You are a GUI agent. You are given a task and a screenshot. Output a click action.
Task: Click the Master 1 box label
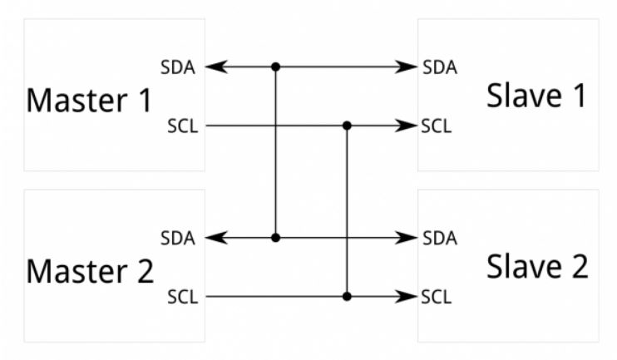[x=90, y=101]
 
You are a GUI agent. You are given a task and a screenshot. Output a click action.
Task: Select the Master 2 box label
[x=90, y=271]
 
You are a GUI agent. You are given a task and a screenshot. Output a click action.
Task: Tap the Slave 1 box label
[x=536, y=96]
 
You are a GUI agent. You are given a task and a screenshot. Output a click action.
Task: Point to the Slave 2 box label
[x=536, y=267]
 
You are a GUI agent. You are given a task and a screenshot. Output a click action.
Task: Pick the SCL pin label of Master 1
[x=182, y=127]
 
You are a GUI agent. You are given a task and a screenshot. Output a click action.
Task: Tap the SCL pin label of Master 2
[x=182, y=297]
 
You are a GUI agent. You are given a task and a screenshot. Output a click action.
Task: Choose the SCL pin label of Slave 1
[x=437, y=127]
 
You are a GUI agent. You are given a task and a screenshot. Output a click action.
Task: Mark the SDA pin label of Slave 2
[x=439, y=239]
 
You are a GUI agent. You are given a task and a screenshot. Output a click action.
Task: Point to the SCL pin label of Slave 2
[x=437, y=297]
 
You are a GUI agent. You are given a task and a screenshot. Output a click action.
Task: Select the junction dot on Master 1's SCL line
[x=348, y=126]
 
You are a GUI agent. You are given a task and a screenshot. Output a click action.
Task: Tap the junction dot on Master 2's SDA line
[x=275, y=238]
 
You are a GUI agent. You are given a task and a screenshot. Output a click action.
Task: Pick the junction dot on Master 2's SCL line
[x=348, y=296]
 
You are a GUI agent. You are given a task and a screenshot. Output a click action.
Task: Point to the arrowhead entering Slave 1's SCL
[x=408, y=126]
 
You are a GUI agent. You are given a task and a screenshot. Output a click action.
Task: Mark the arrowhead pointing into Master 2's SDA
[x=213, y=238]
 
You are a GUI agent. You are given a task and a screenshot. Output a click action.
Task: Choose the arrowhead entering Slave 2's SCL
[x=408, y=296]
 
